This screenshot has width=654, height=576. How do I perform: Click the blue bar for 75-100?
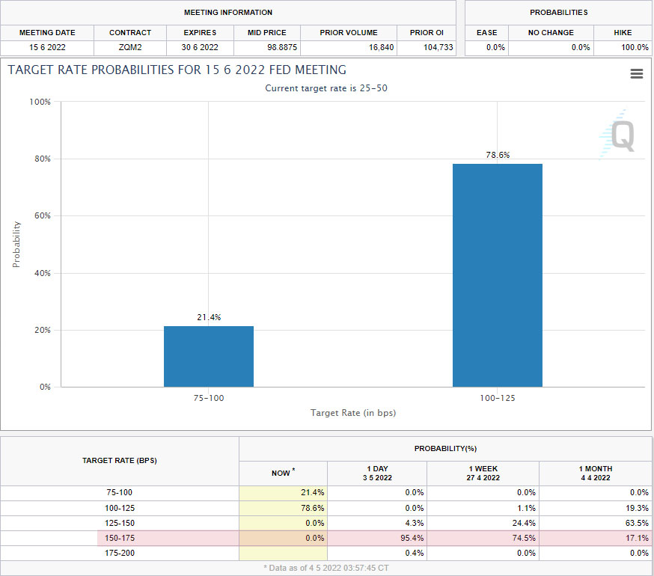point(209,357)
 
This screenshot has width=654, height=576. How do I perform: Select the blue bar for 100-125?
point(498,275)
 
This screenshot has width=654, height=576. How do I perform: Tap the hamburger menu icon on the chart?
point(637,74)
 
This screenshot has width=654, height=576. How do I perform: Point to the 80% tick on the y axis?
point(43,159)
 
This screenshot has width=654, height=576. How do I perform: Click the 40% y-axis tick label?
point(43,273)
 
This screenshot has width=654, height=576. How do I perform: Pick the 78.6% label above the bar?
point(498,155)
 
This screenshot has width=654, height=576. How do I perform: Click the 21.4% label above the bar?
point(209,317)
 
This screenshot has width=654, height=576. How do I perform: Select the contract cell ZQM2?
point(130,48)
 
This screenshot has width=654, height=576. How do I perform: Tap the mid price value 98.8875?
point(282,48)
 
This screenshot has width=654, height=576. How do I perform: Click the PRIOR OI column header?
point(427,32)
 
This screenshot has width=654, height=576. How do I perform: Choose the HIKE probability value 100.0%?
point(635,48)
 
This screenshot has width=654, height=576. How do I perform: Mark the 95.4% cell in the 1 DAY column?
point(412,538)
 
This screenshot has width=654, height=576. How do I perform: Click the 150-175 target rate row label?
point(120,538)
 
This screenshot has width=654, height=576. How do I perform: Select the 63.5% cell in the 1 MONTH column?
point(637,523)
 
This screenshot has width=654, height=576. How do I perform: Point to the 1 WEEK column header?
point(483,474)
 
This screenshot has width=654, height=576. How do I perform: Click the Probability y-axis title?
point(16,245)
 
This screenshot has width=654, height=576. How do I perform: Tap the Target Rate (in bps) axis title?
point(353,413)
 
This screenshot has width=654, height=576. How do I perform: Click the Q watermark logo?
point(617,135)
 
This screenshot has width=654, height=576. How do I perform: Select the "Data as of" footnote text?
point(326,568)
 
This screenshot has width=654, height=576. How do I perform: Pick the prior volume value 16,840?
point(381,48)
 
